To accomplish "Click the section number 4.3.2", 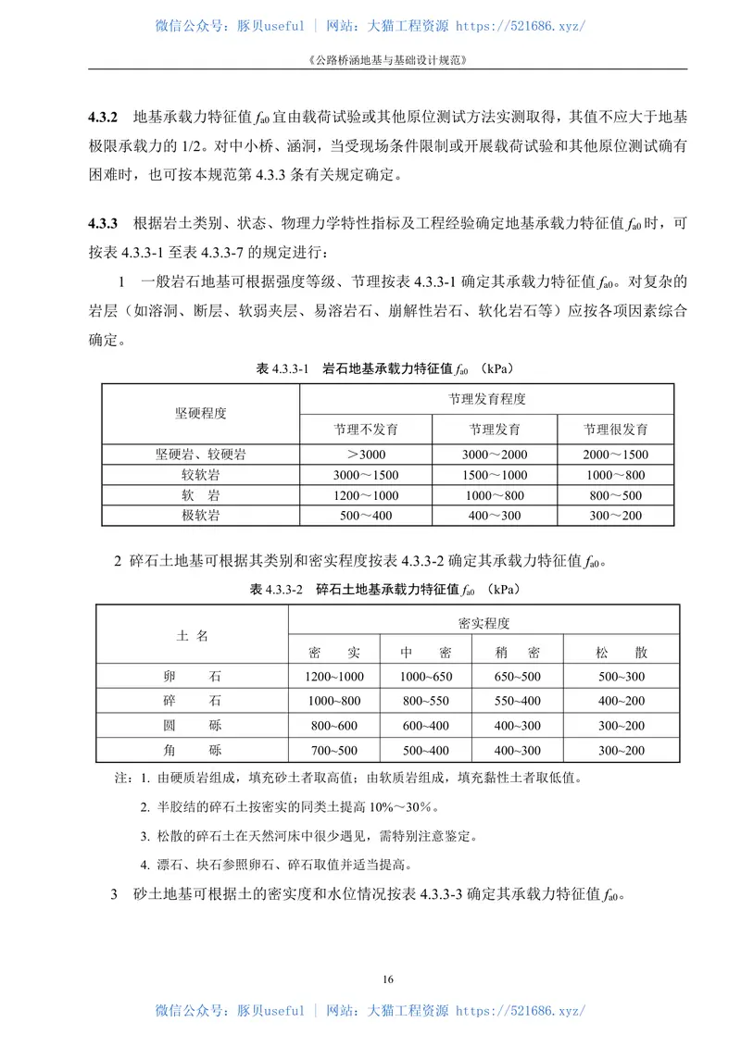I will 103,118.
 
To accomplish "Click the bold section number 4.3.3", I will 103,223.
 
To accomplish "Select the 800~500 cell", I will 615,495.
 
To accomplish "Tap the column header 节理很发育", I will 615,430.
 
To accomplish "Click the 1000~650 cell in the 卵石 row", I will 425,677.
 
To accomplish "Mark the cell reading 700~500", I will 333,750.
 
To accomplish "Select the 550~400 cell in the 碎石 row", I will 518,701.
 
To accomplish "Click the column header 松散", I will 622,652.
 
